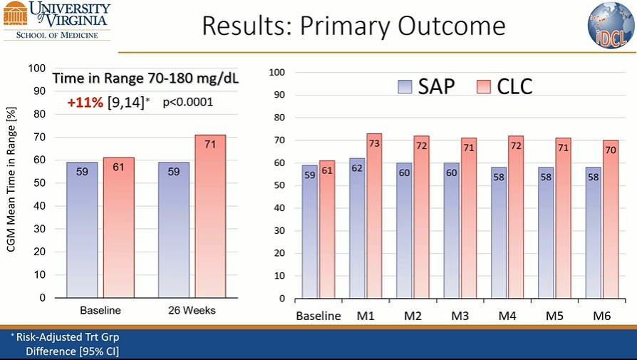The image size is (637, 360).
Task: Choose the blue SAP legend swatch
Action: click(407, 87)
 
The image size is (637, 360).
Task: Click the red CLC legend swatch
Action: click(483, 87)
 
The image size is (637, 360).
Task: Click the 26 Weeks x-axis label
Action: click(192, 310)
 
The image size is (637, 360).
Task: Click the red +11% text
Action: click(85, 102)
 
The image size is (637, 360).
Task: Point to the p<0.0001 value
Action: click(188, 102)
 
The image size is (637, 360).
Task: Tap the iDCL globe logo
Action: click(611, 26)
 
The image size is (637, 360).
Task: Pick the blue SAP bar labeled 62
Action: click(357, 228)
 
